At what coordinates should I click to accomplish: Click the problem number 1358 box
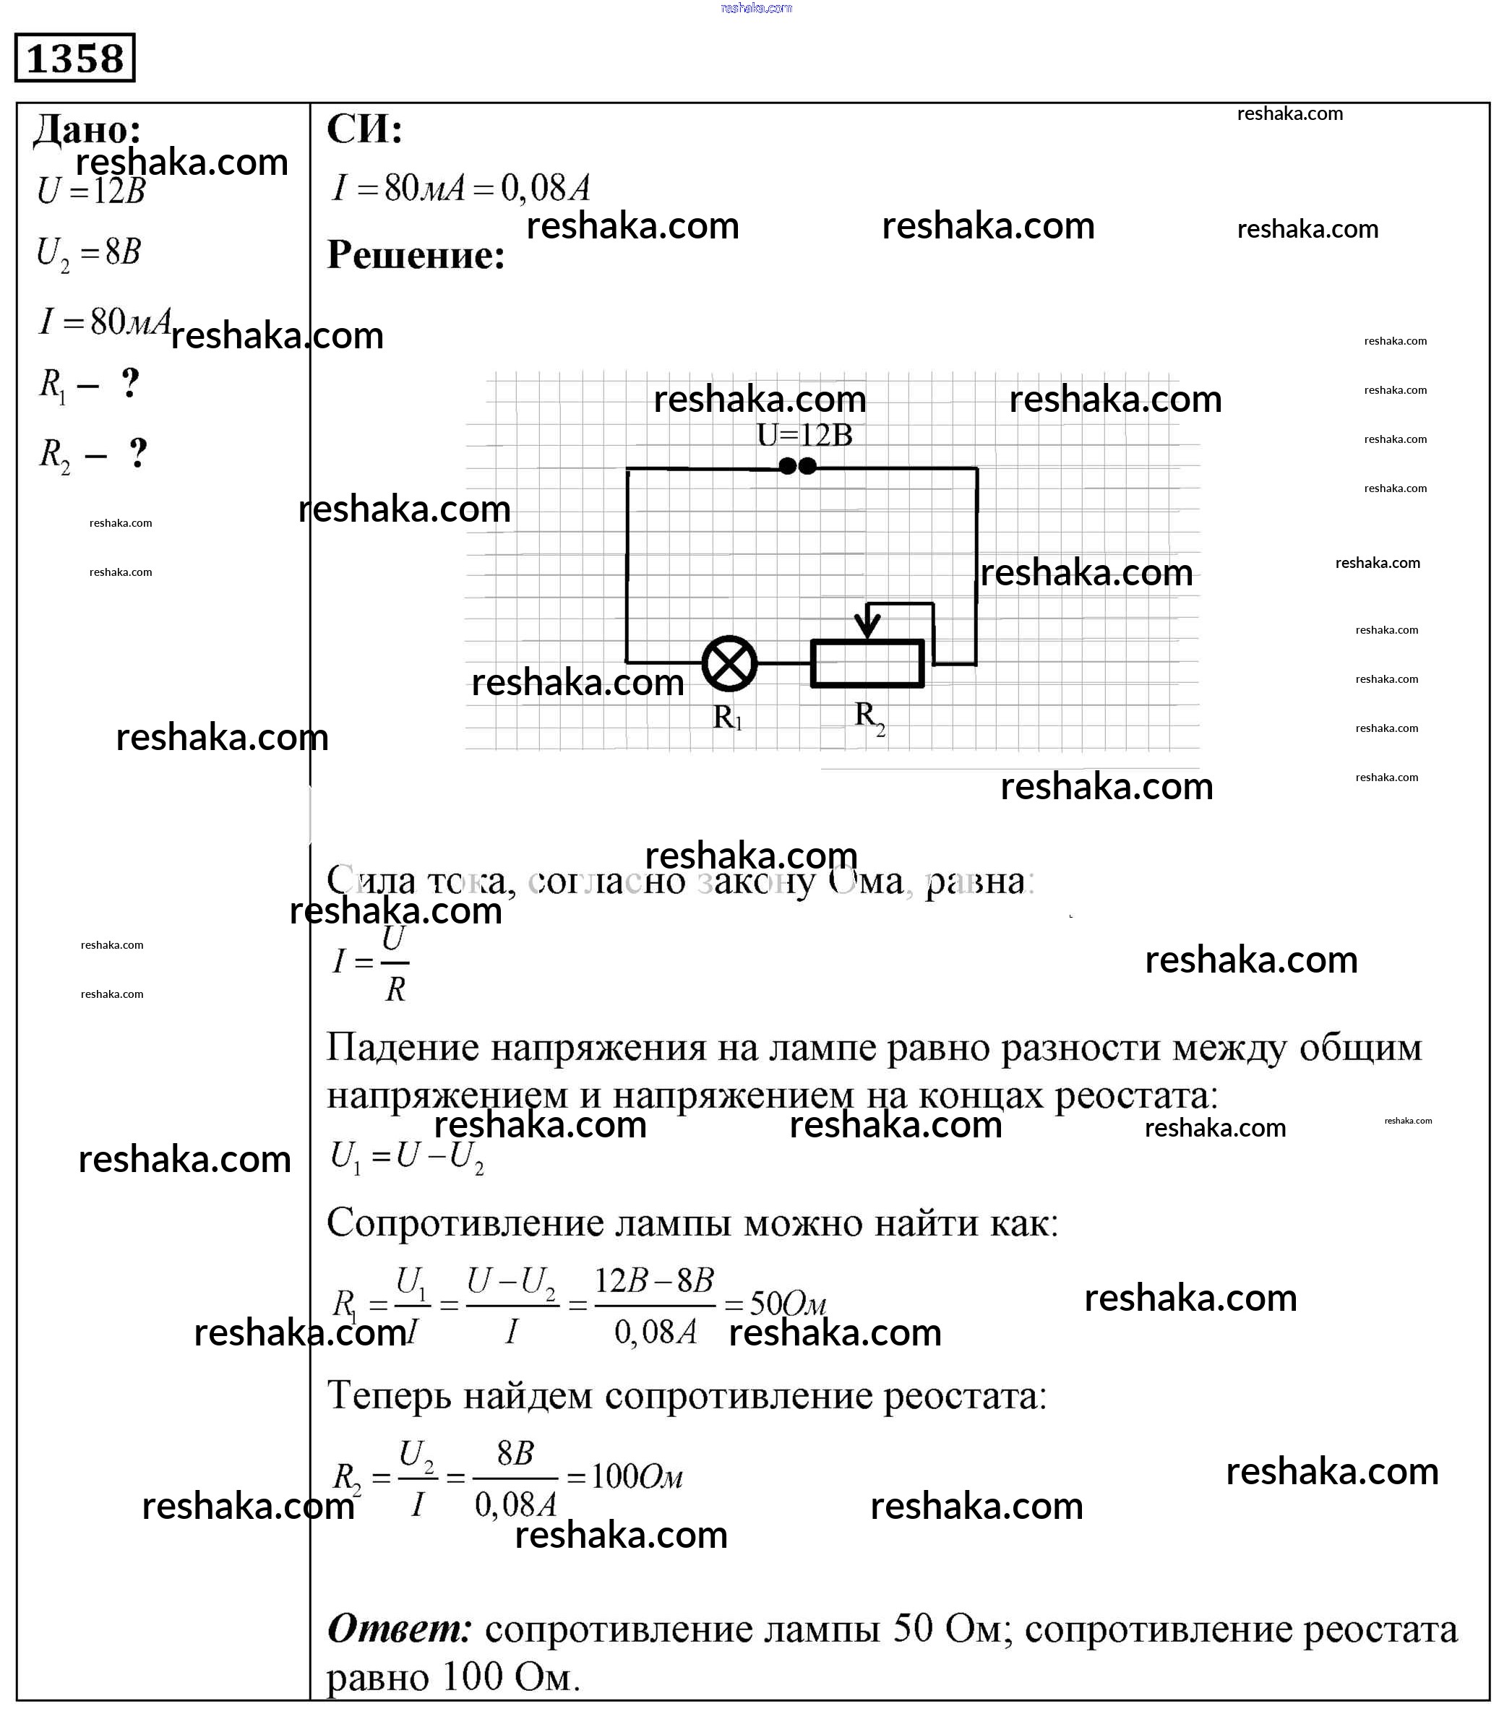[74, 58]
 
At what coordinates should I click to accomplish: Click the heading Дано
[87, 129]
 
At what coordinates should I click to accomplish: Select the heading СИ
[364, 129]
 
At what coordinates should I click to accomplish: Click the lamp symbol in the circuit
[729, 663]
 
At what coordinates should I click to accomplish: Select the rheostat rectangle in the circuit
[867, 663]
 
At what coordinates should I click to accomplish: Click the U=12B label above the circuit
[804, 435]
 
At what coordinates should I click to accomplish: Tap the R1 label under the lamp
[727, 717]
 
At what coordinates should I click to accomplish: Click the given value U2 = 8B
[88, 252]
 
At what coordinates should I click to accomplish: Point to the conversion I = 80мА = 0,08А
[461, 188]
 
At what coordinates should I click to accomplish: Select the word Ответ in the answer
[399, 1629]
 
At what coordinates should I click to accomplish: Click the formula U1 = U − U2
[408, 1157]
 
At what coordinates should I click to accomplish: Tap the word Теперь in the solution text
[388, 1396]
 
